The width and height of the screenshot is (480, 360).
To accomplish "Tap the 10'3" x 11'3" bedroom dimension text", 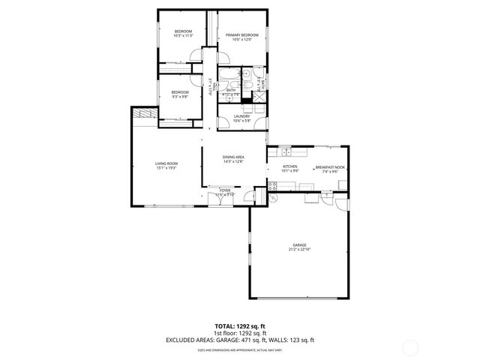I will (183, 36).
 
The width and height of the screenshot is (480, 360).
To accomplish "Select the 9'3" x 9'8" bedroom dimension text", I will (180, 96).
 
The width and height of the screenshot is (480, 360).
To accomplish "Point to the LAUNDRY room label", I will (241, 115).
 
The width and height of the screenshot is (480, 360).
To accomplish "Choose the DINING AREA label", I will (233, 156).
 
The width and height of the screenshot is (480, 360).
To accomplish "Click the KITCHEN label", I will (290, 166).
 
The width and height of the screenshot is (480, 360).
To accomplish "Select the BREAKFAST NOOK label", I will (330, 166).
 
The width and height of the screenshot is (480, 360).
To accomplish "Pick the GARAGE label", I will (300, 244).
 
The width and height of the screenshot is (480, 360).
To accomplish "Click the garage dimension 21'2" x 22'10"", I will (300, 250).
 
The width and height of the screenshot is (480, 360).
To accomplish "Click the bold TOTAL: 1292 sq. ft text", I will (240, 327).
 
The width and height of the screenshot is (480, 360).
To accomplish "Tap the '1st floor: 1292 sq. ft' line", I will (240, 334).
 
